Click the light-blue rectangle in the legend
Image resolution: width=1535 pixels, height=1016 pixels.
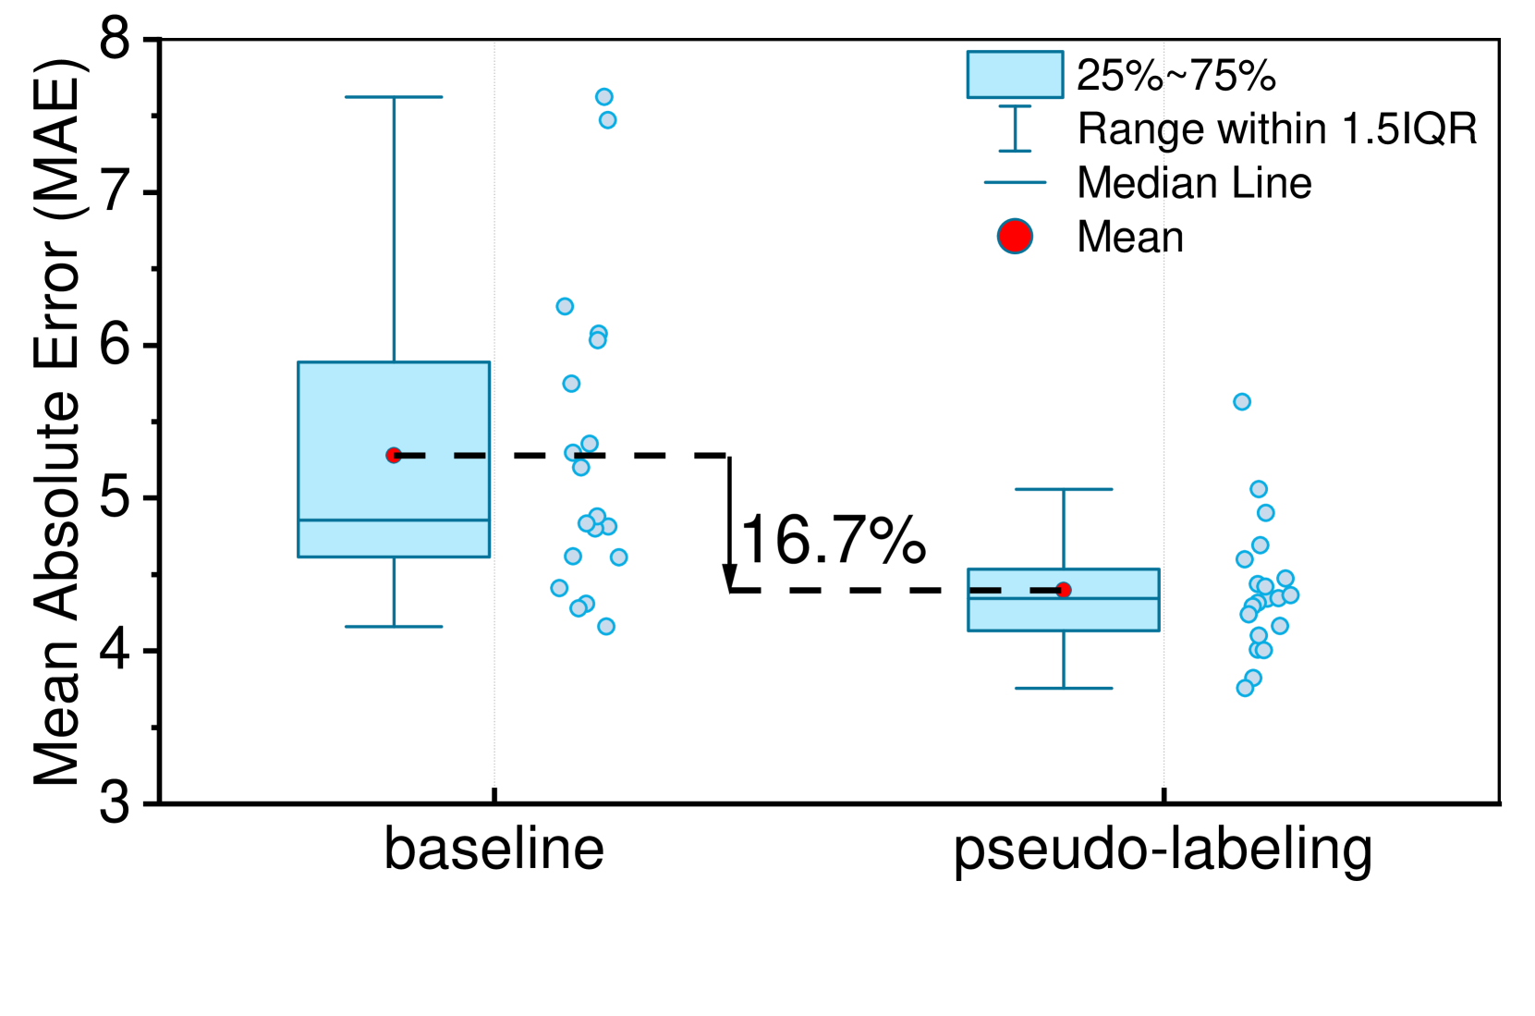click(1015, 75)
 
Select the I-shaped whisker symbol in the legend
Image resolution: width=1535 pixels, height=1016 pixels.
click(1015, 129)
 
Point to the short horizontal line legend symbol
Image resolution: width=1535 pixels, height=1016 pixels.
click(1015, 182)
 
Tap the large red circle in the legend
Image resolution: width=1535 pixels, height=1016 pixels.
click(1015, 236)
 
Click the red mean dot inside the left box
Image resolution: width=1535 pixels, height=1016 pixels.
click(394, 455)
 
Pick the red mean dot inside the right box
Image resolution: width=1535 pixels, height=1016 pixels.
click(1064, 590)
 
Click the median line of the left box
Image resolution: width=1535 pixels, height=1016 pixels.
click(394, 520)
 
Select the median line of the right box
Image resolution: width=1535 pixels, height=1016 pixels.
click(1063, 599)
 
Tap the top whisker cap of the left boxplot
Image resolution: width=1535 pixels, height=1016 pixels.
click(394, 97)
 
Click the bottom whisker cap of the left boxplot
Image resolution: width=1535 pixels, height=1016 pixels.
click(394, 626)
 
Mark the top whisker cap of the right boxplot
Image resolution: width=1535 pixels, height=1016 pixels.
click(1063, 489)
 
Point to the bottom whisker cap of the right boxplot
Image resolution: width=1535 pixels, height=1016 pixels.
click(1063, 688)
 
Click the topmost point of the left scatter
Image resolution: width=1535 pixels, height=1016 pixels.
click(604, 97)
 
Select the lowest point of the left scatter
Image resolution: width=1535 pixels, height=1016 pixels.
click(606, 626)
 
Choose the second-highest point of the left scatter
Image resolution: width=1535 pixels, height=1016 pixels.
click(607, 120)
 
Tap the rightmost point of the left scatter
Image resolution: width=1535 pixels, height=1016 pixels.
click(619, 557)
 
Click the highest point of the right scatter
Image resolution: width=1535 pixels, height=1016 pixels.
click(1242, 401)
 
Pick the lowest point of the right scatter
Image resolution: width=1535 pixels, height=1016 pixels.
click(1245, 688)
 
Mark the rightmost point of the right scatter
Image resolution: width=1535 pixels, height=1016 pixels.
click(1291, 594)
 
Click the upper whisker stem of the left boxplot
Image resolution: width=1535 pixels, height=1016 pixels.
click(394, 231)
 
